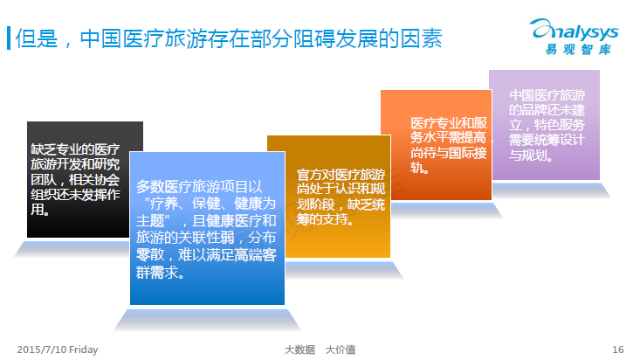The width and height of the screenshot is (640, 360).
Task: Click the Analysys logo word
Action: coord(575,31)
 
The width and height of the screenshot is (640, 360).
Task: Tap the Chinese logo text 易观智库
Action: coord(578,50)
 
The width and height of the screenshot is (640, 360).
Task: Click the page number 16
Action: coord(617,350)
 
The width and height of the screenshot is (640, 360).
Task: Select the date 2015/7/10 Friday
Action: coord(57,350)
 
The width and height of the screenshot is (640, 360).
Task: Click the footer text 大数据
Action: coord(299,350)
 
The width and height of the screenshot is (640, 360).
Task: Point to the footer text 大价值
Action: coord(341,350)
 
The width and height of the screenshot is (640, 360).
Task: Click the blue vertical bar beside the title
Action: coord(9,38)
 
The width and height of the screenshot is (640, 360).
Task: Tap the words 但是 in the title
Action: coord(37,38)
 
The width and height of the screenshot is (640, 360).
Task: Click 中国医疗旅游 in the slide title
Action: coord(143,38)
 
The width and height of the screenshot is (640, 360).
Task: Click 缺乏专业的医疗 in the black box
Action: coord(75,149)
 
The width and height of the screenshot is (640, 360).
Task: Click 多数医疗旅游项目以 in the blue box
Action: coord(199,187)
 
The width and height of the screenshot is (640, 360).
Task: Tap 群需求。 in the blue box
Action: coord(160,272)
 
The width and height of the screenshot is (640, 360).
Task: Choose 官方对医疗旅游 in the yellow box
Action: coord(341,175)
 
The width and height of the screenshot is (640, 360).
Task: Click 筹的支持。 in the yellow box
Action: coord(325,219)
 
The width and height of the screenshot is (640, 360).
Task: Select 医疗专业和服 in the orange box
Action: coord(449,123)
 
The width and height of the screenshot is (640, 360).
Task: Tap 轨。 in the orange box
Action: coord(420,168)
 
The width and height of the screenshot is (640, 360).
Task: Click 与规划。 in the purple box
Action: coord(531,156)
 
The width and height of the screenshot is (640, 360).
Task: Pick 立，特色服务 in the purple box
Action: coord(547,125)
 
